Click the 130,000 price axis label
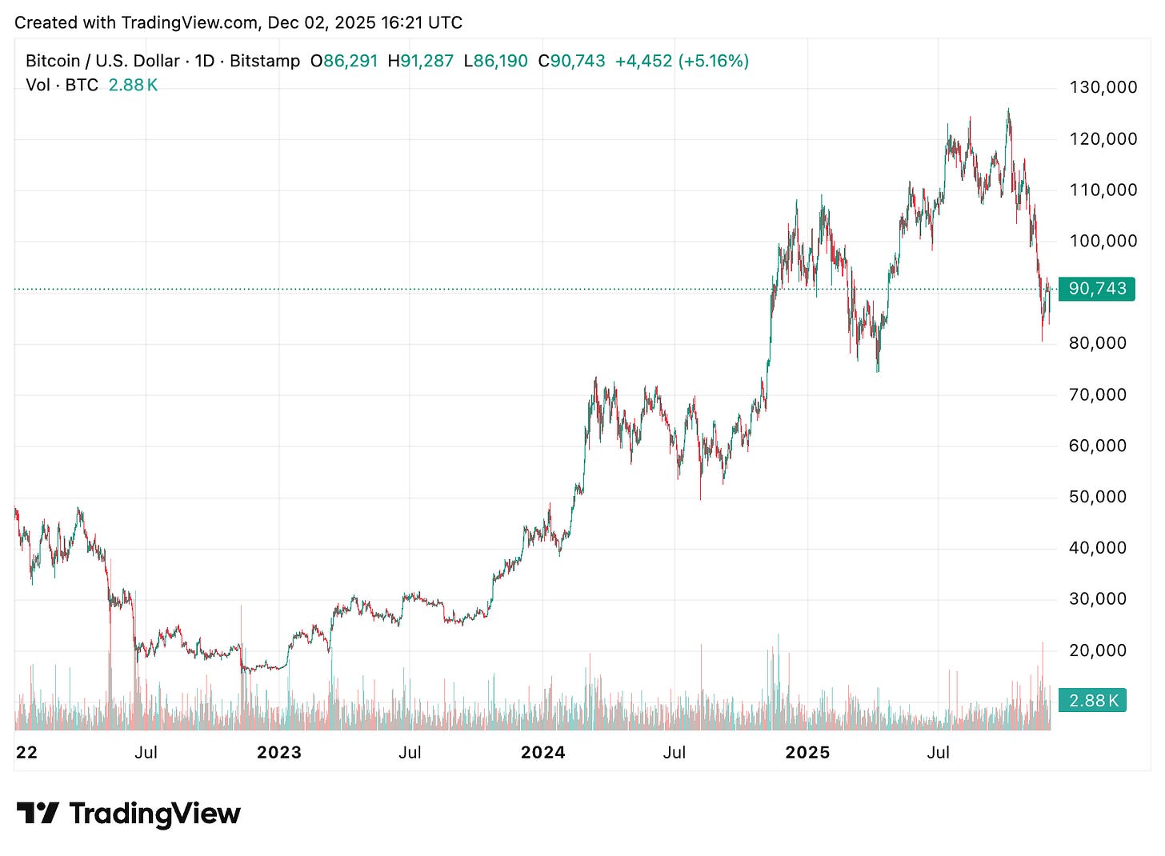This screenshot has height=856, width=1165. [x=1103, y=87]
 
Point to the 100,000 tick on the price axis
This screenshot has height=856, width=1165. [x=1103, y=241]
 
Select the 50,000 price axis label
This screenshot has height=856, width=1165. [x=1098, y=497]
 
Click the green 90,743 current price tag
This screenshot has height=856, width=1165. [x=1096, y=289]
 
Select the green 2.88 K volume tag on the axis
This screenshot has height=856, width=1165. [x=1092, y=701]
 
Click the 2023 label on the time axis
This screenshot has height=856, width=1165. [x=278, y=753]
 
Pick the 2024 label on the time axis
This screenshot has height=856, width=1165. [x=542, y=753]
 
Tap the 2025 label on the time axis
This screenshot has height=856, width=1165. [x=807, y=753]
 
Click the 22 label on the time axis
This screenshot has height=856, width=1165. [x=26, y=753]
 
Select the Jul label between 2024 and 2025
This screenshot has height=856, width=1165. [x=675, y=753]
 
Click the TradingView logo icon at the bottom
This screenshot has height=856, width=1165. [x=38, y=814]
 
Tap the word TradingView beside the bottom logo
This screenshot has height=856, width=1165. [x=154, y=814]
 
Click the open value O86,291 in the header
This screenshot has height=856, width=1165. [x=344, y=61]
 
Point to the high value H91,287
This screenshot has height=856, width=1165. [x=421, y=61]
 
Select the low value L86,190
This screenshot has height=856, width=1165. [x=496, y=61]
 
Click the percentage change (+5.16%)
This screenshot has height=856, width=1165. [x=713, y=61]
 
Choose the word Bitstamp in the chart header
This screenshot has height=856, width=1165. [x=265, y=61]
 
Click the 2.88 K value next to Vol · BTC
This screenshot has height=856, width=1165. [x=133, y=85]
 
